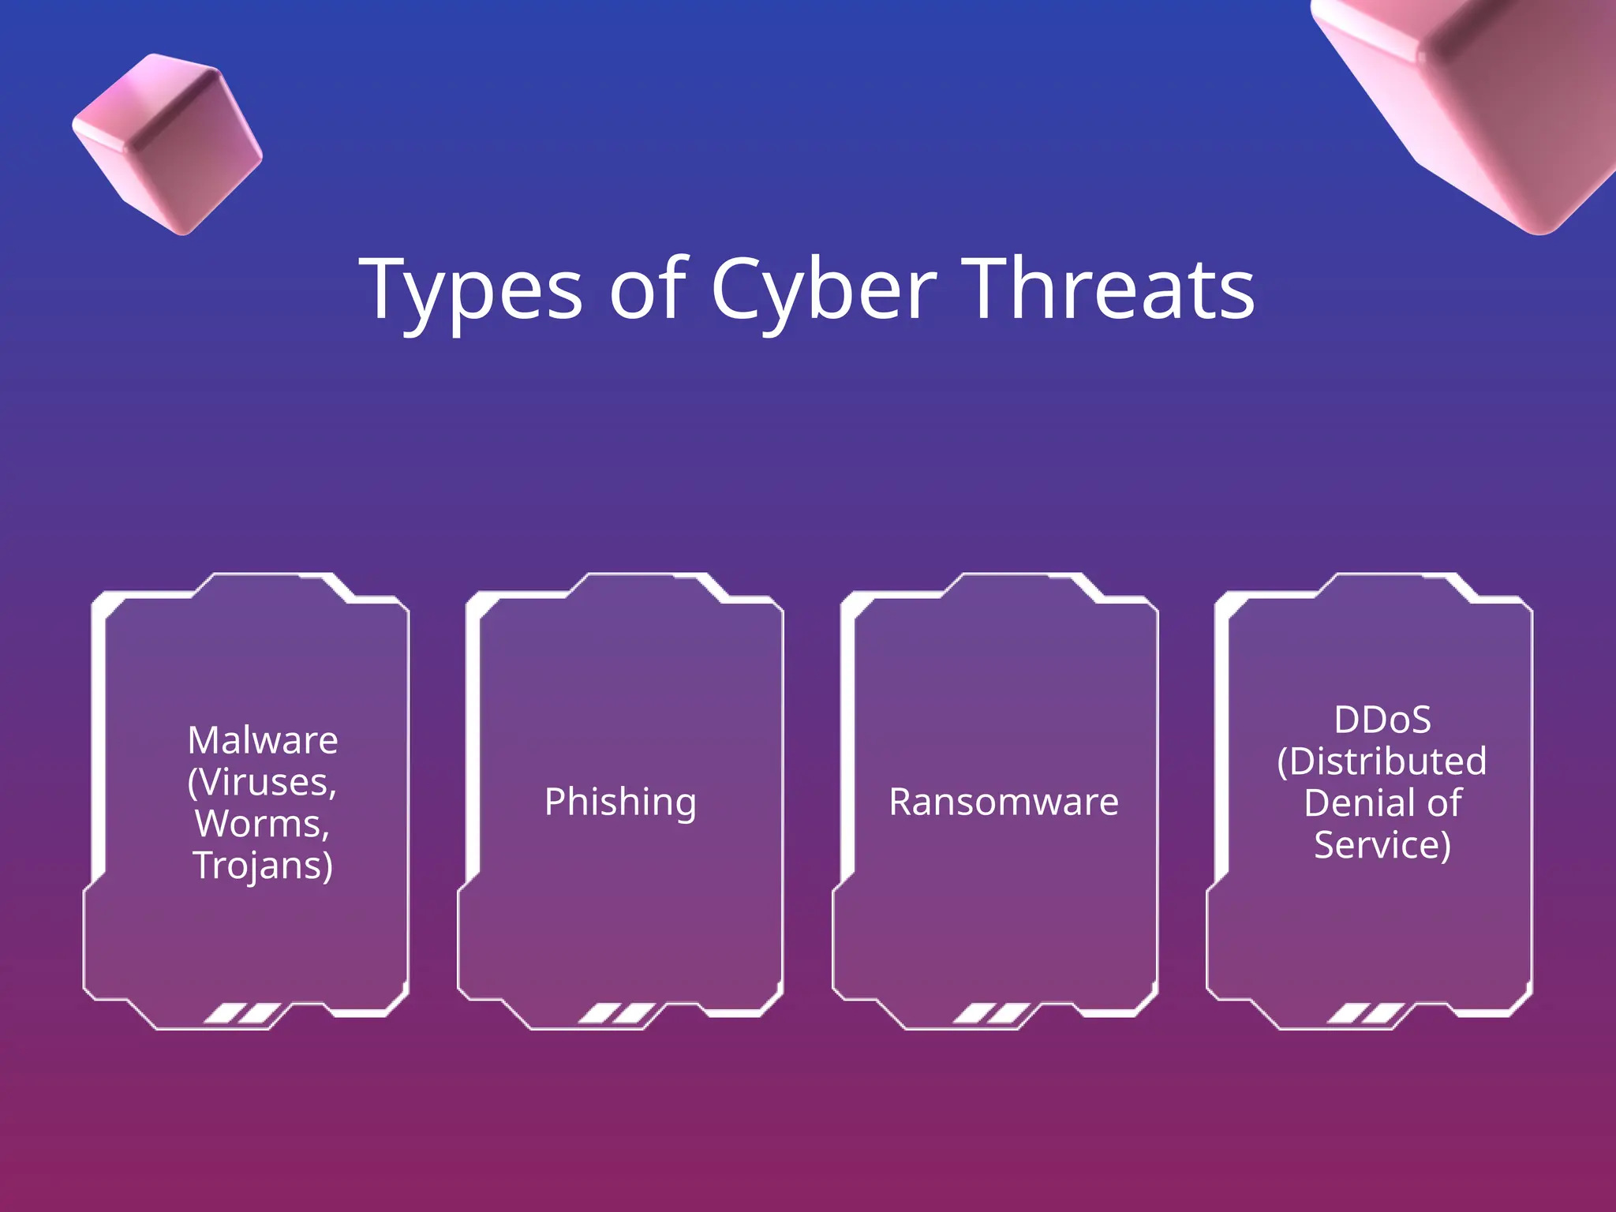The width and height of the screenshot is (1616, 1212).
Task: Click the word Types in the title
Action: (471, 290)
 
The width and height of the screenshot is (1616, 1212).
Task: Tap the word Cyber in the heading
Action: (824, 290)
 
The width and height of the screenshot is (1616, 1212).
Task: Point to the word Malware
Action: (263, 740)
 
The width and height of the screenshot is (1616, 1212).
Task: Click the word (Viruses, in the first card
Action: (263, 782)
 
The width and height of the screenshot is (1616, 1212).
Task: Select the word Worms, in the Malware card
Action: (263, 824)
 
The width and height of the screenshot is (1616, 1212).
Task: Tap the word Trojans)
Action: (263, 866)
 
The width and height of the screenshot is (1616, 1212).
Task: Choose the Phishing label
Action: (620, 802)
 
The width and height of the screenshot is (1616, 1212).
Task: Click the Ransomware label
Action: (1004, 802)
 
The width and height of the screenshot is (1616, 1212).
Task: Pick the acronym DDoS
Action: (1382, 720)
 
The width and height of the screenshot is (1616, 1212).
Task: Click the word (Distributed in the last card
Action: (1382, 761)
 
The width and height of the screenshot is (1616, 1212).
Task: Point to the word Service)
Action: (1382, 845)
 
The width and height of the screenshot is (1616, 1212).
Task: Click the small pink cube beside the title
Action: (167, 144)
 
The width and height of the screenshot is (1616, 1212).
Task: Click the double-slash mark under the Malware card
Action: (242, 1013)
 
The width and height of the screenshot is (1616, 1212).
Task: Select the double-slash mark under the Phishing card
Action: (617, 1013)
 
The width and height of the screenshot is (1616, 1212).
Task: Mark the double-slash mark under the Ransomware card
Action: (991, 1013)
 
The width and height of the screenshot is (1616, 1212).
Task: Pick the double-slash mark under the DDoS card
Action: (1366, 1013)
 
